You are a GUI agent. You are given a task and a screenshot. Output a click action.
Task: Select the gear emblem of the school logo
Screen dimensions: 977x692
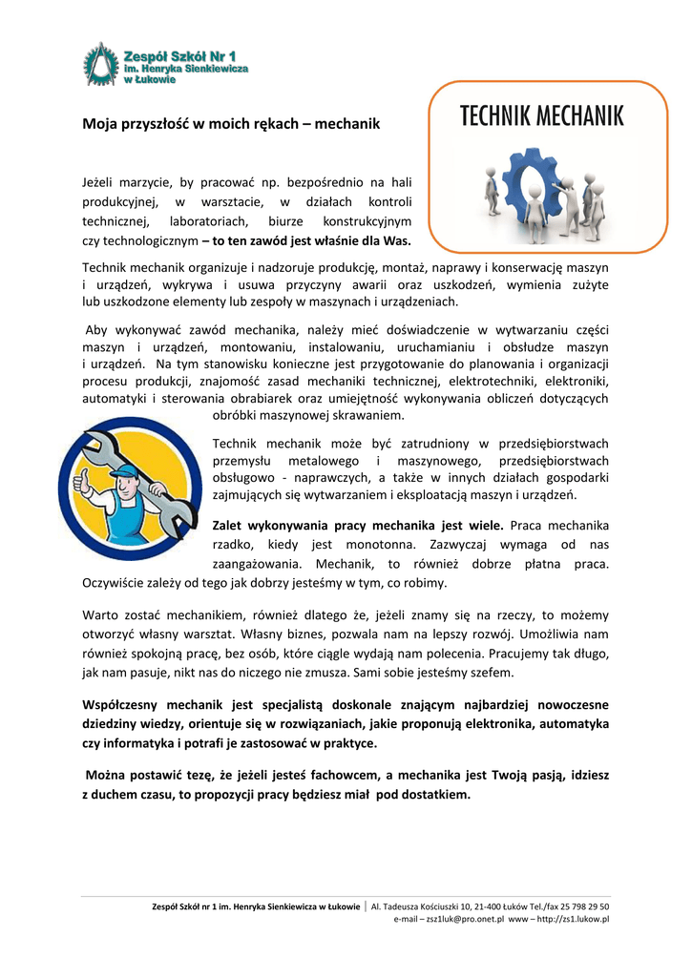click(x=100, y=67)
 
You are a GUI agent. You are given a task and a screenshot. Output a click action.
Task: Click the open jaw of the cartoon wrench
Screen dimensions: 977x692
click(x=96, y=441)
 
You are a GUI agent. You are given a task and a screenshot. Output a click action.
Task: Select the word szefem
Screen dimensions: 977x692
click(x=493, y=672)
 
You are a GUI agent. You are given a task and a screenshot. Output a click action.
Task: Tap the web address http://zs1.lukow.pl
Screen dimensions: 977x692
click(x=574, y=919)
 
